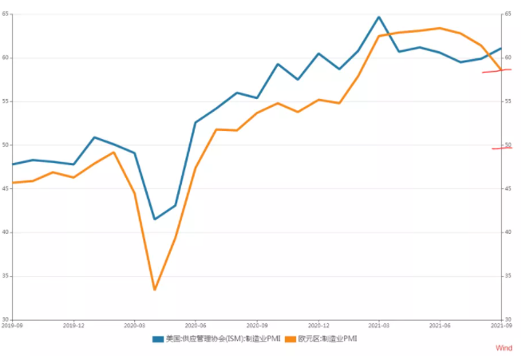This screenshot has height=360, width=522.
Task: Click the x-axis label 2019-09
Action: pyautogui.click(x=12, y=325)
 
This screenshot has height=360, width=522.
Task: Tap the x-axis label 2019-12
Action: pyautogui.click(x=73, y=325)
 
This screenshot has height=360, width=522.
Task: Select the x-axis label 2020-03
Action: pyautogui.click(x=134, y=325)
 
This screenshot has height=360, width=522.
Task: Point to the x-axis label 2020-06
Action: pyautogui.click(x=196, y=325)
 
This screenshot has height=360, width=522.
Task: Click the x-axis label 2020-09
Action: pyautogui.click(x=257, y=325)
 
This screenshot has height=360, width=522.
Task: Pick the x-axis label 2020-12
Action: pyautogui.click(x=318, y=325)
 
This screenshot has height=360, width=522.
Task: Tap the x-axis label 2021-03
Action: pyautogui.click(x=378, y=325)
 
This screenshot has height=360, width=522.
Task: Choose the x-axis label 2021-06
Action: pyautogui.click(x=439, y=325)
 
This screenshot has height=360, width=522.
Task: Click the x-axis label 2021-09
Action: pyautogui.click(x=500, y=325)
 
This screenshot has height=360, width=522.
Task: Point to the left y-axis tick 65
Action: pyautogui.click(x=6, y=14)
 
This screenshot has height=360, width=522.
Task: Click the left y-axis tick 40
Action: pyautogui.click(x=6, y=232)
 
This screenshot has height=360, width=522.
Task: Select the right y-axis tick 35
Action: pyautogui.click(x=507, y=276)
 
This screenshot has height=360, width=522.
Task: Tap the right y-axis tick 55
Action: pyautogui.click(x=507, y=101)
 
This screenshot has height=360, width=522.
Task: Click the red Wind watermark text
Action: pyautogui.click(x=504, y=348)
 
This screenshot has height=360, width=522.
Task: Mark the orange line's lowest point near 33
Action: pyautogui.click(x=155, y=289)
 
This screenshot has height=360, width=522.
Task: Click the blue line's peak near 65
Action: pyautogui.click(x=378, y=17)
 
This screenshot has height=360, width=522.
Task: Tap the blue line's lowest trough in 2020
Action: pyautogui.click(x=155, y=219)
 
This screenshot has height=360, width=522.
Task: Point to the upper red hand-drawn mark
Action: pyautogui.click(x=496, y=71)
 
